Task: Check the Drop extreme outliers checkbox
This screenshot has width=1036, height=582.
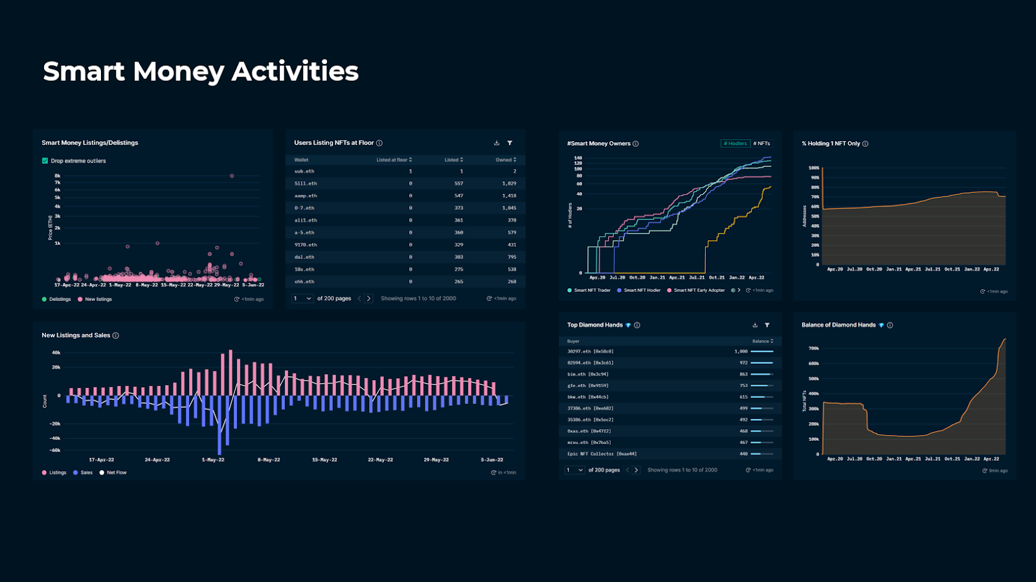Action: pos(45,161)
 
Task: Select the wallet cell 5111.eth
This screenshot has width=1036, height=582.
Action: pos(306,184)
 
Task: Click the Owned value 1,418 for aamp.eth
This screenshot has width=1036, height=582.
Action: pos(509,196)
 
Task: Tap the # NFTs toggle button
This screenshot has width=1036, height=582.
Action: pos(761,144)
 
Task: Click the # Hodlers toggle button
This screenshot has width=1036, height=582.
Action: pos(735,144)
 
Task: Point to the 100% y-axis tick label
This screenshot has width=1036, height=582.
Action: pos(814,168)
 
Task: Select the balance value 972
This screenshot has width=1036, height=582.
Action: pos(743,363)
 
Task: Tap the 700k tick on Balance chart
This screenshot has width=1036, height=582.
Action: pos(814,348)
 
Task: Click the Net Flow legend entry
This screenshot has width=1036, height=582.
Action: pos(116,473)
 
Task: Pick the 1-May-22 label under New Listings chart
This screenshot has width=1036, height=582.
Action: pos(213,460)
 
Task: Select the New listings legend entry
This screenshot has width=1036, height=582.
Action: pos(98,299)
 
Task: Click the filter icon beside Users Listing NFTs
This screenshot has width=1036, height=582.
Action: pos(510,143)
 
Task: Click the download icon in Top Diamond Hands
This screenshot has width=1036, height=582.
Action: pos(755,325)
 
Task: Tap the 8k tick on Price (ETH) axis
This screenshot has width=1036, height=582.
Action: pos(58,175)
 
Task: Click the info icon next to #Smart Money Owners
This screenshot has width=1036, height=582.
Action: pos(636,144)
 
